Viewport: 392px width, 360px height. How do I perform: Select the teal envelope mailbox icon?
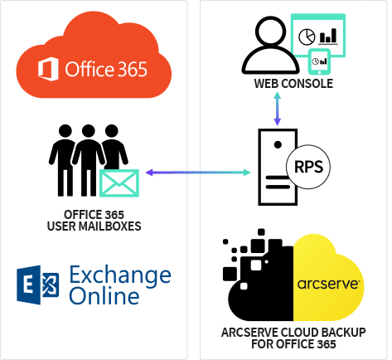119,182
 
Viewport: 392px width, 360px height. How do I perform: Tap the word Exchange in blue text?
120,275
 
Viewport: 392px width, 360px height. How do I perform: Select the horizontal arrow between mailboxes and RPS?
197,173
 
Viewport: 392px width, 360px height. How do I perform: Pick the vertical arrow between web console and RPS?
277,109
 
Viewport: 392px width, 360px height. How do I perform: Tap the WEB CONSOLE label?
293,84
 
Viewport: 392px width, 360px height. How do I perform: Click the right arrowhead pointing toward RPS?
246,173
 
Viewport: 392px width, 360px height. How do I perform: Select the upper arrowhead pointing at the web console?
277,96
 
